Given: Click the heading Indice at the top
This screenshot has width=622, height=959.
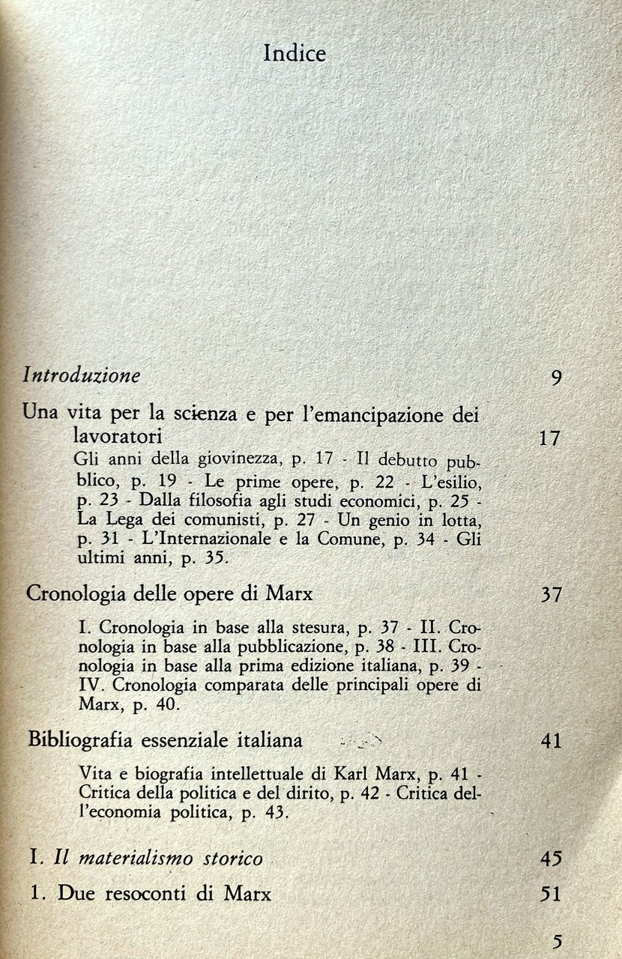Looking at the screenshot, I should pyautogui.click(x=295, y=54).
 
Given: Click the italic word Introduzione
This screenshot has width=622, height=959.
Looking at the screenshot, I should pyautogui.click(x=82, y=375).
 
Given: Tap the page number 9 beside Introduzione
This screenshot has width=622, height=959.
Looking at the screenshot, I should pyautogui.click(x=556, y=377).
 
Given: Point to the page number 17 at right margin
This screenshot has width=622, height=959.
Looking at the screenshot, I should pyautogui.click(x=549, y=438).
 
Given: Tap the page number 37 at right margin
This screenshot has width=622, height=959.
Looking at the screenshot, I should pyautogui.click(x=551, y=596).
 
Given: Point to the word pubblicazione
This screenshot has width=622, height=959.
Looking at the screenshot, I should pyautogui.click(x=280, y=646).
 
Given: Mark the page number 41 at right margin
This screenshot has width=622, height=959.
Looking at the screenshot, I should pyautogui.click(x=551, y=742).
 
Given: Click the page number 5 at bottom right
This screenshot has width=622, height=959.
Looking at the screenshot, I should pyautogui.click(x=555, y=940).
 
